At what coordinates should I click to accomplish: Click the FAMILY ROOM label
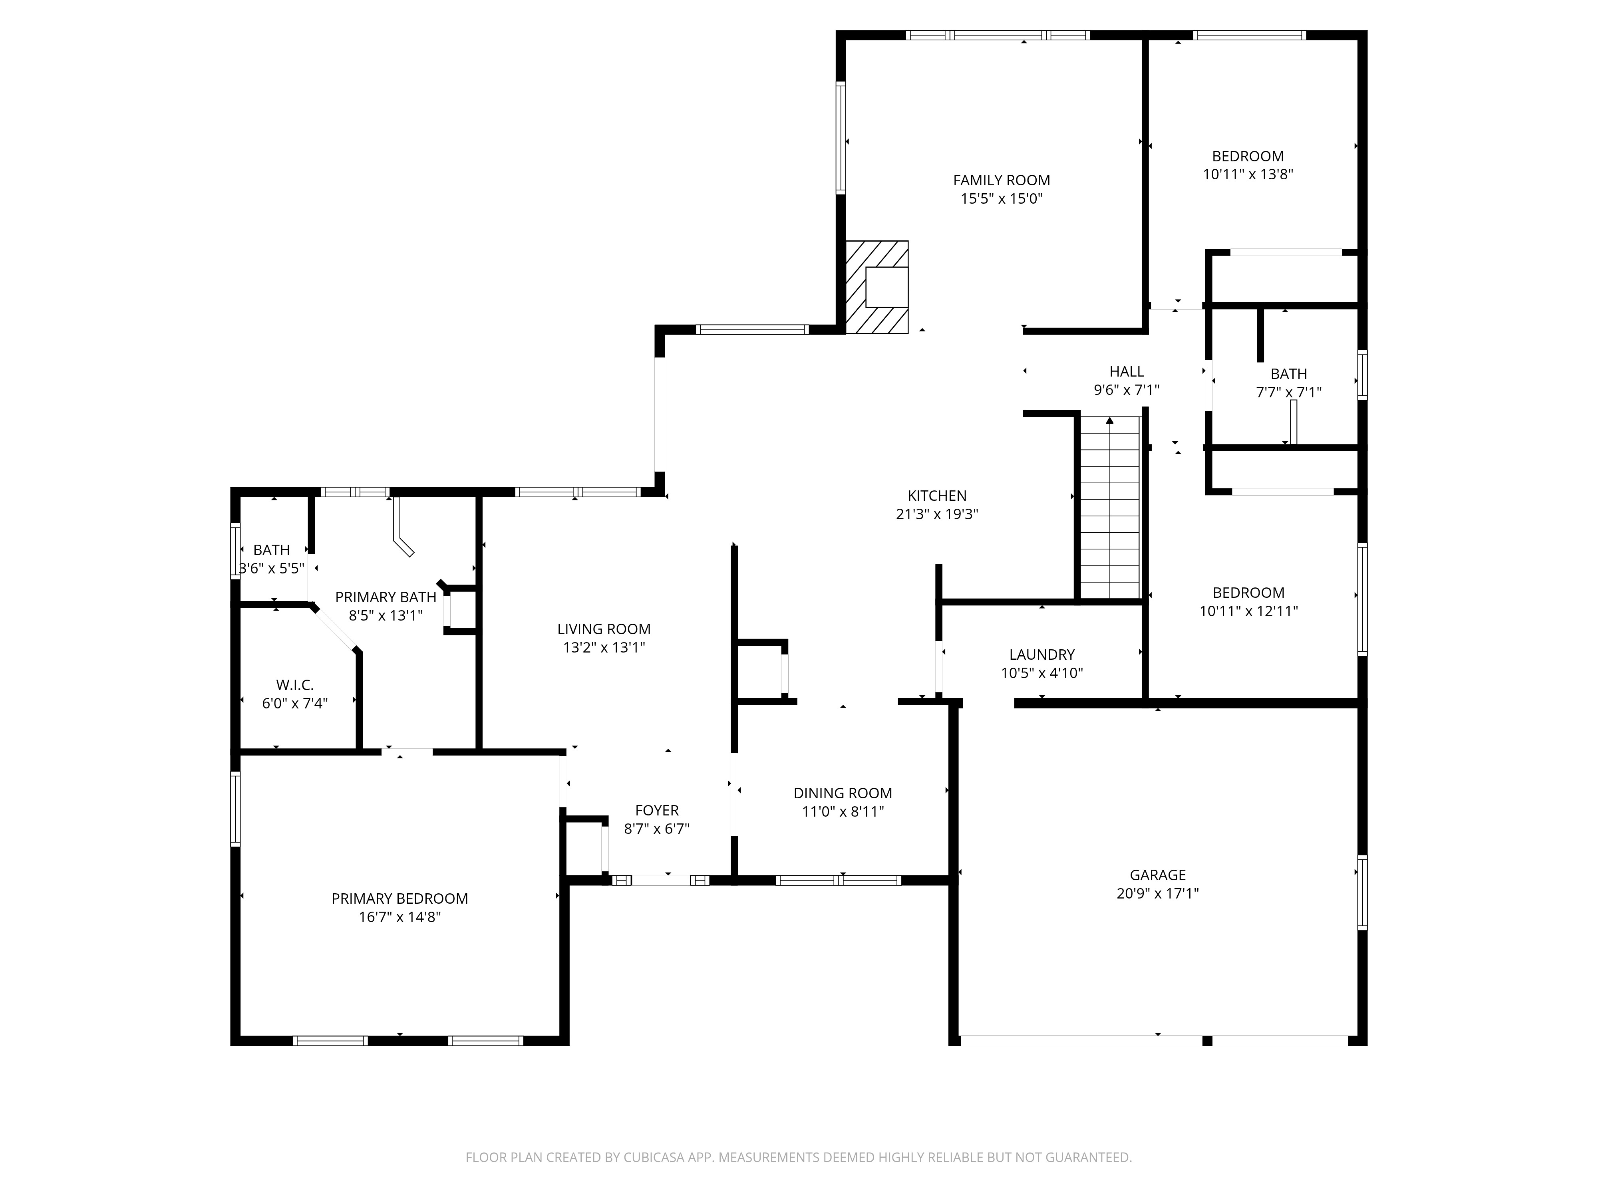point(1001,180)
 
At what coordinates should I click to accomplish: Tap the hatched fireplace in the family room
point(877,288)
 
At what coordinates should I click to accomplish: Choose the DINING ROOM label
point(842,793)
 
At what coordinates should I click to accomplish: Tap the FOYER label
point(657,810)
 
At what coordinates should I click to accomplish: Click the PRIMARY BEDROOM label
point(399,898)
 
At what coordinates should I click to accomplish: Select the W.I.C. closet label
point(295,684)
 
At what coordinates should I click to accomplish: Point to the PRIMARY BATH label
point(386,597)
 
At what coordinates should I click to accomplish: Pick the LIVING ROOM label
point(604,629)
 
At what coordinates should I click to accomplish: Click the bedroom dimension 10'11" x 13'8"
point(1248,174)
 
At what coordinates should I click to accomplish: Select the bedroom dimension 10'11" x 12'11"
point(1248,611)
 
